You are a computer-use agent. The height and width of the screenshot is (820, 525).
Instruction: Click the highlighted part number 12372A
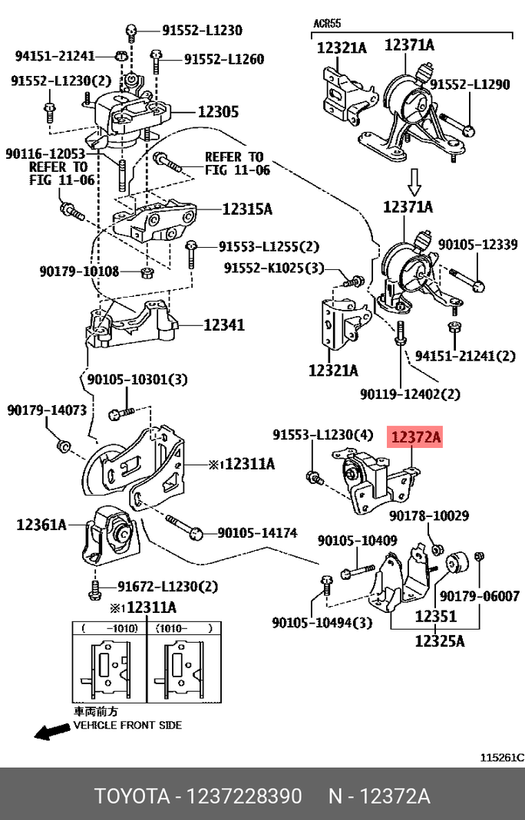click(x=416, y=438)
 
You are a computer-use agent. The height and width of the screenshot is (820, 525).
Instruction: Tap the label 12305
click(x=218, y=112)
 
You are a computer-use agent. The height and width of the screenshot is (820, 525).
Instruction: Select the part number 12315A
click(x=247, y=208)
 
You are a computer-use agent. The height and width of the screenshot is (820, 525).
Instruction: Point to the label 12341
click(x=223, y=325)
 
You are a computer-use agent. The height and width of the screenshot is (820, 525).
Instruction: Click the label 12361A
click(x=41, y=525)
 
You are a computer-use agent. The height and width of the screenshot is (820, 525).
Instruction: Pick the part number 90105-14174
click(x=257, y=532)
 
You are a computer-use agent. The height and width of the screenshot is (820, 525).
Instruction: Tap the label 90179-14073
click(x=47, y=411)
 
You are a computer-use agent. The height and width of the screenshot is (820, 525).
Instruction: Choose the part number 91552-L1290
click(x=469, y=85)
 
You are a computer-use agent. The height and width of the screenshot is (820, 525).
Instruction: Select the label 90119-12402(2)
click(x=410, y=394)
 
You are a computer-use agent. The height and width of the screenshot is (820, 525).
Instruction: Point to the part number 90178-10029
click(x=428, y=516)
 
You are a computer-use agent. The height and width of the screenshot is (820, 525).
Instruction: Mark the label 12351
click(x=436, y=616)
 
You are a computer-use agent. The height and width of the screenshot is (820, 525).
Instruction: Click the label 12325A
click(x=440, y=640)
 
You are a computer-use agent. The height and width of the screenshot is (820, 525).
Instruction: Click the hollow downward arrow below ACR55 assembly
click(x=414, y=182)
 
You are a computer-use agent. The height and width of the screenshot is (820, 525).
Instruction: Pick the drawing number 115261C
click(x=501, y=758)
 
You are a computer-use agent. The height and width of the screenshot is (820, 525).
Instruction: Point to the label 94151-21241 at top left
click(x=54, y=56)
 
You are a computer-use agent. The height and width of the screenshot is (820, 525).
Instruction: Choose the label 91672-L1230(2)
click(x=167, y=587)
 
